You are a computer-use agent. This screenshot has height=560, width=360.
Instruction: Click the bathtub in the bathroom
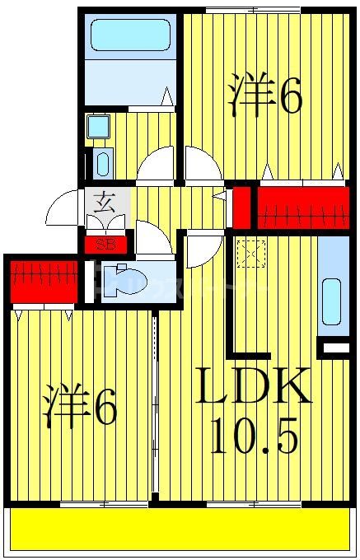129,36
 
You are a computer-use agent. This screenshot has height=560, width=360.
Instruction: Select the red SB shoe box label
105,244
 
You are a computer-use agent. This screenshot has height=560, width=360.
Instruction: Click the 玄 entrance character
105,200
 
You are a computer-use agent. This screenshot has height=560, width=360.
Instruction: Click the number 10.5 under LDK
252,436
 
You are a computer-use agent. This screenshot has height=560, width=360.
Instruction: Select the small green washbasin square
100,126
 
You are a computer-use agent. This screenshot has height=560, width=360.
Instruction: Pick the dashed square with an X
247,252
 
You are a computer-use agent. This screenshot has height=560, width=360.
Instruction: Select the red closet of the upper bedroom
300,208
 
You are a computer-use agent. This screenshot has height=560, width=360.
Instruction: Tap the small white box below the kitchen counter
334,350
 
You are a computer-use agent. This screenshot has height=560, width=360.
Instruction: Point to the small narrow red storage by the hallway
241,208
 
